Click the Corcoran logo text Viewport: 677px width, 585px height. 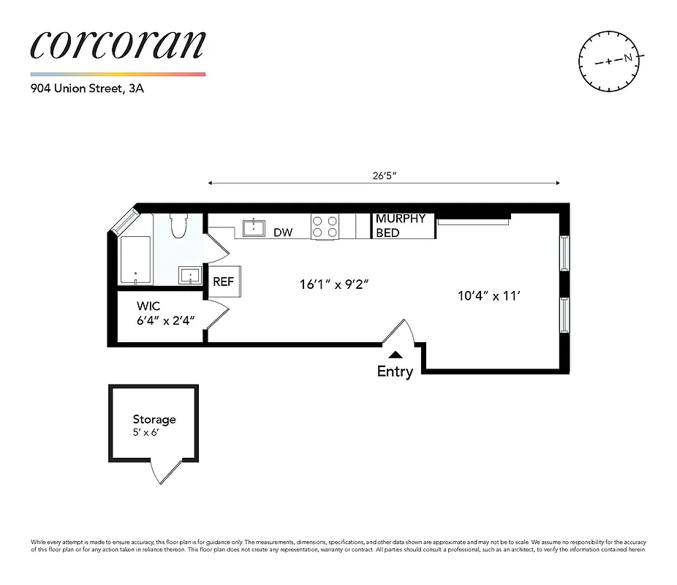pos(117,45)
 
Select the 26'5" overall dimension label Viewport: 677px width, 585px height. pos(383,175)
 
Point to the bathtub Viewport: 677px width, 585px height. pos(136,261)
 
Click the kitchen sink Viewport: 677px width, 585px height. pos(254,227)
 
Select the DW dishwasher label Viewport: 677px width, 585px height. pos(283,233)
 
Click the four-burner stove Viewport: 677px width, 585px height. pos(325,226)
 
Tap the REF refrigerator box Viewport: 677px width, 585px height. pos(223,282)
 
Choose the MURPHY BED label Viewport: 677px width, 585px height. pos(400,225)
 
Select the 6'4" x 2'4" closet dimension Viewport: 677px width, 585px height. pos(165,320)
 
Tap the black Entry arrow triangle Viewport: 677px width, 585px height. pos(395,355)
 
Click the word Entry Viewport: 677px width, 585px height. pos(395,371)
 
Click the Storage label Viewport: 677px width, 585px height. pos(154,420)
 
